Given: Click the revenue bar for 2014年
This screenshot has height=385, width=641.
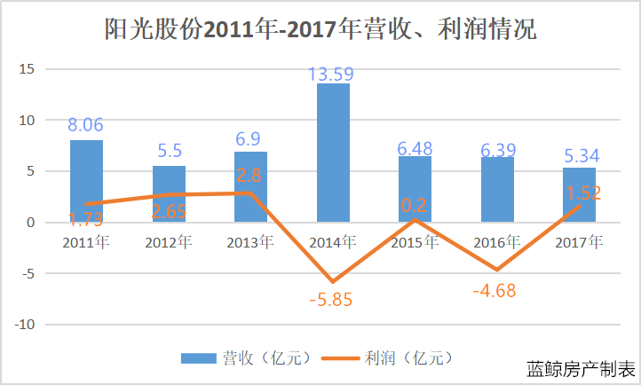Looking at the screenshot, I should (x=333, y=153).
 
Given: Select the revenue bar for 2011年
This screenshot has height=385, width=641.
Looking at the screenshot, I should (x=86, y=181).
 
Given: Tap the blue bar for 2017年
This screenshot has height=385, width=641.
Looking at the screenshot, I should (x=579, y=194).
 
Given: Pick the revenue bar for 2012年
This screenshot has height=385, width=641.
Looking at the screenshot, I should (x=169, y=193).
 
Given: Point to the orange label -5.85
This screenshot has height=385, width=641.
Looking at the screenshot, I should (x=331, y=300).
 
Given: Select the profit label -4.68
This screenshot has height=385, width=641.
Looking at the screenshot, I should (x=495, y=290).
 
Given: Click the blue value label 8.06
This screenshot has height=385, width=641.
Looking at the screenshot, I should (x=86, y=125).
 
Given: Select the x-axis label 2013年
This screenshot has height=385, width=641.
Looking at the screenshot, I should (x=249, y=241).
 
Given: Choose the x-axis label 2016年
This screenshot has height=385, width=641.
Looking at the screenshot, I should (x=496, y=241).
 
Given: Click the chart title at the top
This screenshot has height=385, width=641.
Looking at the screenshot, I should (x=320, y=29).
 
